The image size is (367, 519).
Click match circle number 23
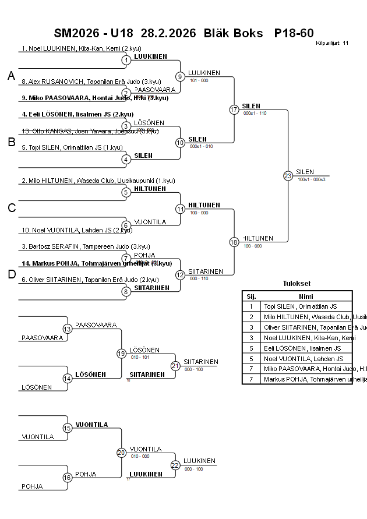coord(288,176)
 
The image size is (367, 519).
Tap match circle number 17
coord(234,110)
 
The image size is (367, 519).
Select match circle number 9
coord(181,76)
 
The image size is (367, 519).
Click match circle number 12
coord(181,275)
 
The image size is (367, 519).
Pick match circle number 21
coord(175,366)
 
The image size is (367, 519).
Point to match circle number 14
coord(68,378)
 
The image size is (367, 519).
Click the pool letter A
coord(11,76)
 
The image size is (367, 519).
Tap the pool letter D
coord(11,275)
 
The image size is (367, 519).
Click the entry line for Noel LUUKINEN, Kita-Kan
coord(82,48)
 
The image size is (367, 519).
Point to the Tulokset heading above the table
coord(297,284)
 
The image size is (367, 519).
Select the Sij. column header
coord(251,296)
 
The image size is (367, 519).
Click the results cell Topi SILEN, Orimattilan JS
coord(301,306)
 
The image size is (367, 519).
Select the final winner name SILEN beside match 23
coord(305,172)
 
